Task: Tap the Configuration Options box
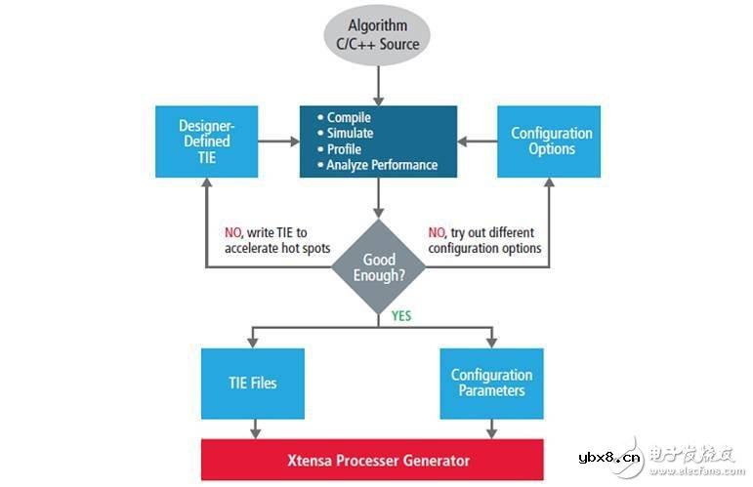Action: click(551, 141)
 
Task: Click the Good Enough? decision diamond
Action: click(379, 266)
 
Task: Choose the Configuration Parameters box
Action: click(491, 383)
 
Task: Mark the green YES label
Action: click(401, 316)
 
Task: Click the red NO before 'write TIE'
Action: click(233, 233)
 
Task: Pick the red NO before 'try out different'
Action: click(436, 233)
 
